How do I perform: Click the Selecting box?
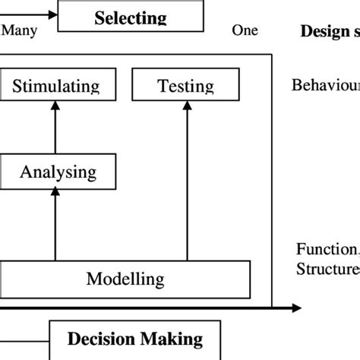(x=131, y=17)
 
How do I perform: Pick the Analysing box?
(x=58, y=171)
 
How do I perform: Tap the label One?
(x=244, y=30)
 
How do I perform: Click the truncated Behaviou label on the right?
(x=325, y=84)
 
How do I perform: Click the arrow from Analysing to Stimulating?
(x=55, y=126)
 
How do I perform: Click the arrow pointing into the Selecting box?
(x=30, y=14)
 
